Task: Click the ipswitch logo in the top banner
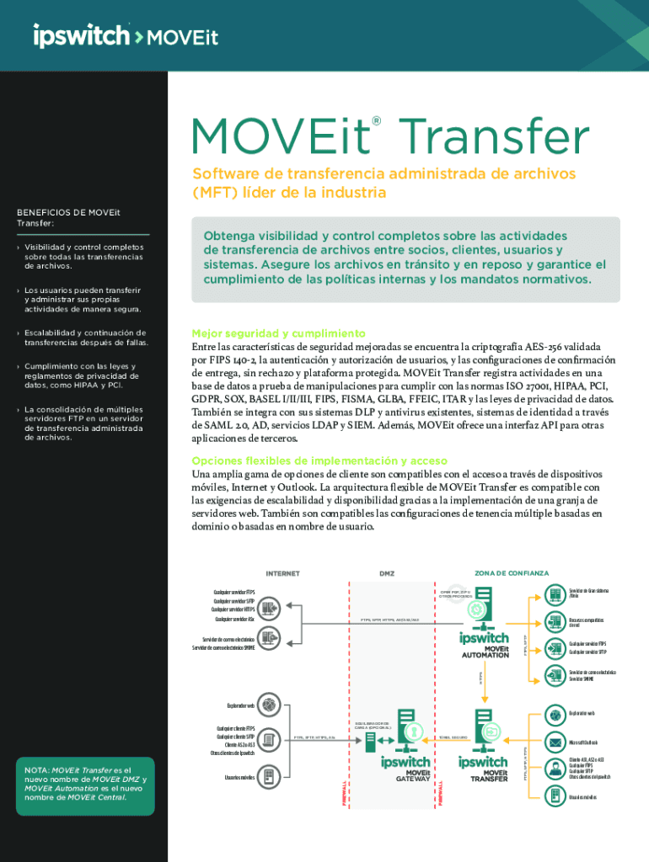tap(81, 36)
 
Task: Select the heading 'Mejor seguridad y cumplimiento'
tap(278, 333)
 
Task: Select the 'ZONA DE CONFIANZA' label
tap(511, 573)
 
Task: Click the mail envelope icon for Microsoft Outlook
tap(555, 742)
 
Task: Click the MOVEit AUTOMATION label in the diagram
tap(485, 652)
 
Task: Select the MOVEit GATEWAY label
tap(413, 775)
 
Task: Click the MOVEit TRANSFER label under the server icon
tap(488, 775)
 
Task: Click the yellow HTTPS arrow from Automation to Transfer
tap(481, 676)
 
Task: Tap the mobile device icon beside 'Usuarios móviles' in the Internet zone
tap(269, 775)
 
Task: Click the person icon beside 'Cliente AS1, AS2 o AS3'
tap(555, 767)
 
